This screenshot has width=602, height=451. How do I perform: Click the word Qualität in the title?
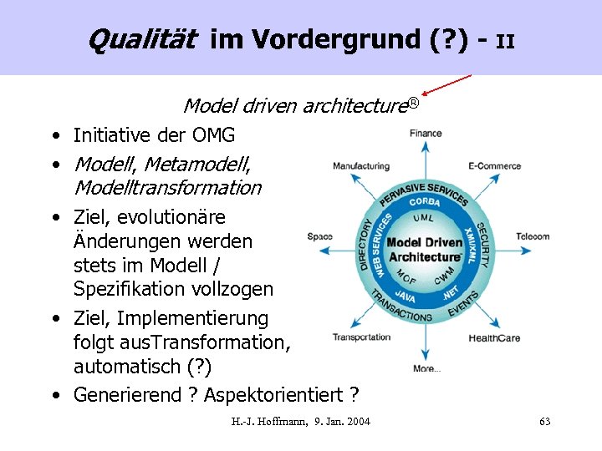(x=141, y=38)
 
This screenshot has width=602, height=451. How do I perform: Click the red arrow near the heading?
(x=447, y=84)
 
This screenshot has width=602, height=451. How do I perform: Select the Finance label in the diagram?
(x=426, y=133)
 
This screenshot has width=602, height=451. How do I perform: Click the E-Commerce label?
(x=494, y=165)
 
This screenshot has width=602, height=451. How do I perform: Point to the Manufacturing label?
(x=361, y=165)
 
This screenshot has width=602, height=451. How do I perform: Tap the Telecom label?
(x=533, y=236)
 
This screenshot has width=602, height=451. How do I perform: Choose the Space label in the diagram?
(x=319, y=236)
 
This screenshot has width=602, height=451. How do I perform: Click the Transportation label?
(x=361, y=337)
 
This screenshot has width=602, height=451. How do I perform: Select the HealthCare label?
(x=494, y=338)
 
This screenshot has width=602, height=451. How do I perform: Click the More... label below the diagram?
(x=426, y=368)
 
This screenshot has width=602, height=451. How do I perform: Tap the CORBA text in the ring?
(x=425, y=202)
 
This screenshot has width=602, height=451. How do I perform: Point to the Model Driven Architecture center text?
(x=425, y=250)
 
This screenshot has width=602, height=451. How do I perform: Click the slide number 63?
(x=544, y=422)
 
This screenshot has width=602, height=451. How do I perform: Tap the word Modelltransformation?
(x=167, y=188)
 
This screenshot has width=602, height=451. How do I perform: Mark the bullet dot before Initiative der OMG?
(x=54, y=136)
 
